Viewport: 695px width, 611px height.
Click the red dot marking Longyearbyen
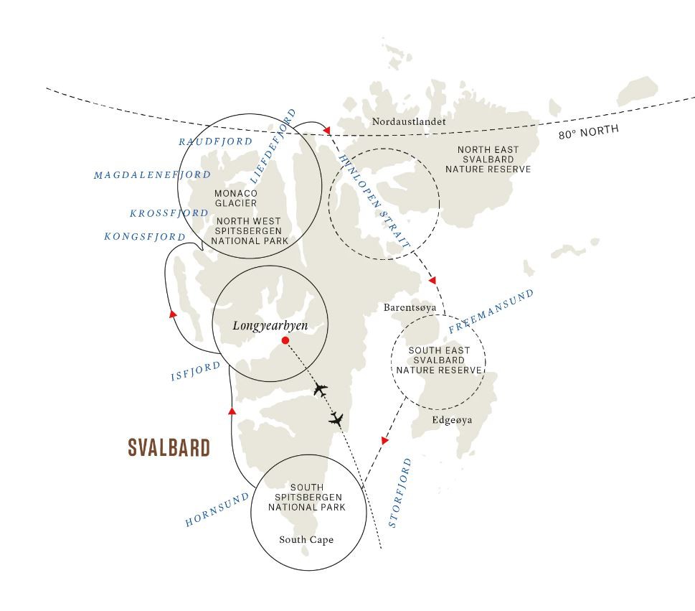pyautogui.click(x=285, y=340)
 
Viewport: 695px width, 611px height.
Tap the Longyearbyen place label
pyautogui.click(x=270, y=326)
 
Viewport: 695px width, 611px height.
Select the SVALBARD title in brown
pyautogui.click(x=169, y=448)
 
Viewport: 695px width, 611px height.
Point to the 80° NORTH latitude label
pyautogui.click(x=588, y=132)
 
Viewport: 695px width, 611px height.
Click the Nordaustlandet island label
pyautogui.click(x=409, y=121)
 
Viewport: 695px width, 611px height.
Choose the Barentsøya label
pyautogui.click(x=410, y=307)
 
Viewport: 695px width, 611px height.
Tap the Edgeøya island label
pyautogui.click(x=452, y=420)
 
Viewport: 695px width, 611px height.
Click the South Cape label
pyautogui.click(x=306, y=540)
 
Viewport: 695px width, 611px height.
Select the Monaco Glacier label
pyautogui.click(x=236, y=198)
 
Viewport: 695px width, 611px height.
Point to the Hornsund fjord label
pyautogui.click(x=217, y=509)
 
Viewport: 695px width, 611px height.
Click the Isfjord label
pyautogui.click(x=196, y=371)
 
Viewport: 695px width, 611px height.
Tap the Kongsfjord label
pyautogui.click(x=144, y=236)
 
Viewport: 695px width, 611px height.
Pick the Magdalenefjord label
pyautogui.click(x=152, y=174)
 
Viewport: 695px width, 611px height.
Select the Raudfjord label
pyautogui.click(x=215, y=141)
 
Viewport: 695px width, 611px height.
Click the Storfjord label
pyautogui.click(x=399, y=493)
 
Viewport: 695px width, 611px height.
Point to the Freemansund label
pyautogui.click(x=491, y=311)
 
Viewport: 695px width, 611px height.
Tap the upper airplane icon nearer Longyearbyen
pyautogui.click(x=321, y=390)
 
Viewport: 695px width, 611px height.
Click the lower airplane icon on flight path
pyautogui.click(x=336, y=419)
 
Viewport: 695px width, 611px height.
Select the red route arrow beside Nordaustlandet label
pyautogui.click(x=327, y=130)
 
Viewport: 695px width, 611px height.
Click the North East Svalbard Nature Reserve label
pyautogui.click(x=488, y=159)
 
